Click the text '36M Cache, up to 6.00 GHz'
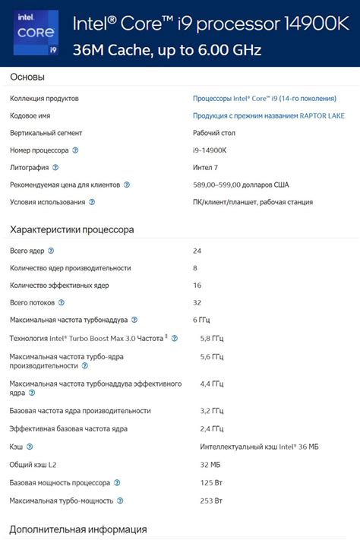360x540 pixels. (x=166, y=50)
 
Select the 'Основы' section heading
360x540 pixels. (x=27, y=77)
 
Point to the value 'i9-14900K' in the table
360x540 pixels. (x=210, y=150)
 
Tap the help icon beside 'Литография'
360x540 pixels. (x=55, y=168)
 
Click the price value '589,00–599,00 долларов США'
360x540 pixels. (x=241, y=185)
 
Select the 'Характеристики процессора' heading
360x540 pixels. (x=72, y=229)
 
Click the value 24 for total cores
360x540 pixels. (x=197, y=250)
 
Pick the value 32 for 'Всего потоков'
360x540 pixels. (x=197, y=302)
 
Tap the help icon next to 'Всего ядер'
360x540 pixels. (x=51, y=250)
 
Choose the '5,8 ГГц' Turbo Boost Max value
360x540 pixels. (x=211, y=338)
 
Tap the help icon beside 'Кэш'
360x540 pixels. (x=30, y=447)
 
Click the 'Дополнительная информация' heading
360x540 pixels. (x=78, y=529)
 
